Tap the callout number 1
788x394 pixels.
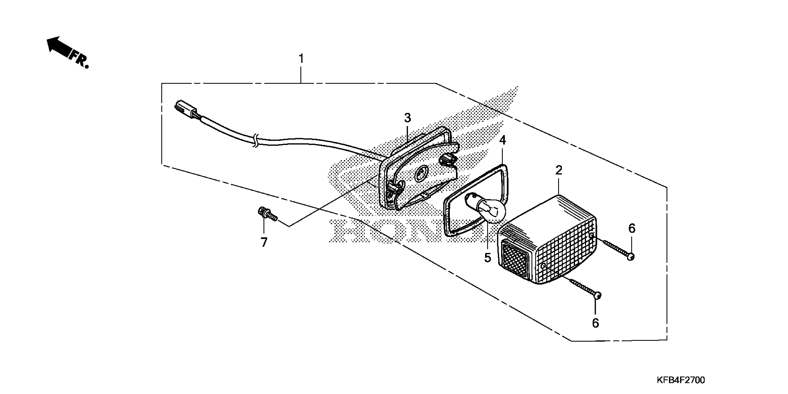click(x=301, y=58)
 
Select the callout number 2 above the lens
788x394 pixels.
click(x=559, y=170)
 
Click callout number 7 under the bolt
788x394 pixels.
click(x=264, y=242)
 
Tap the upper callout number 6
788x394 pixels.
click(x=632, y=228)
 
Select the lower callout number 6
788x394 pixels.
click(x=595, y=323)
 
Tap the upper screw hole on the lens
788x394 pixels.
click(x=592, y=235)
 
